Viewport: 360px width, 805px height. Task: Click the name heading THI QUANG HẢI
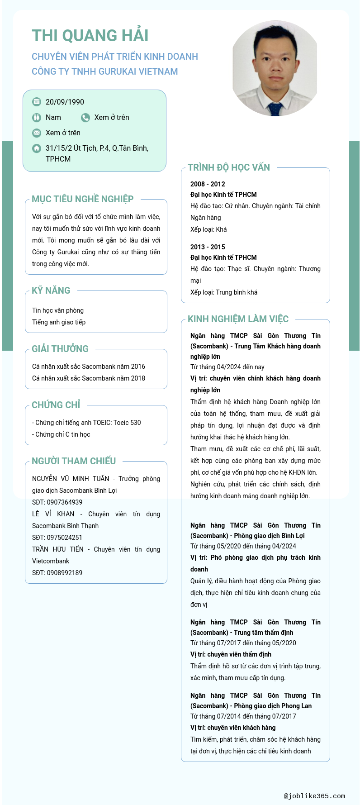[90, 36]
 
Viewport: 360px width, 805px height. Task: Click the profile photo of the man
[275, 68]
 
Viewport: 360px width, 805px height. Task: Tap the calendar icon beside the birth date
[37, 102]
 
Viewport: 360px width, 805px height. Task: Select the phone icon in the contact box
[85, 118]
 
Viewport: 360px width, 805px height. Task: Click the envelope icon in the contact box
[37, 133]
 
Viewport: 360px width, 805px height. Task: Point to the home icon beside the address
[37, 148]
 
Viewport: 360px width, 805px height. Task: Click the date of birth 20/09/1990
[65, 102]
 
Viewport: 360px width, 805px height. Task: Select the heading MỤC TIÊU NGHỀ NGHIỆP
[82, 199]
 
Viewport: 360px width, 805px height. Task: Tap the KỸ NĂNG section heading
[51, 291]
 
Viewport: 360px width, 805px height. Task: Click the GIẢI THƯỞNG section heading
[60, 349]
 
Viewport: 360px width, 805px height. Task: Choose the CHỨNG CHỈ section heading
[56, 405]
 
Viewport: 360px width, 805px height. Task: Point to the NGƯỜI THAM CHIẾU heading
[74, 461]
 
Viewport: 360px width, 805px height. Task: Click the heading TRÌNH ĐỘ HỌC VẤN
[228, 167]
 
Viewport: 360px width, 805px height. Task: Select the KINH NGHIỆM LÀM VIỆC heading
[238, 319]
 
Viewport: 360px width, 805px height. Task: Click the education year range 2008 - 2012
[208, 184]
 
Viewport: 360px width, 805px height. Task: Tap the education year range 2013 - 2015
[208, 247]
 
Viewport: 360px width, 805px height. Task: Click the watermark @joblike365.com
[314, 796]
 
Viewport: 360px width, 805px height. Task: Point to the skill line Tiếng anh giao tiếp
[59, 322]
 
